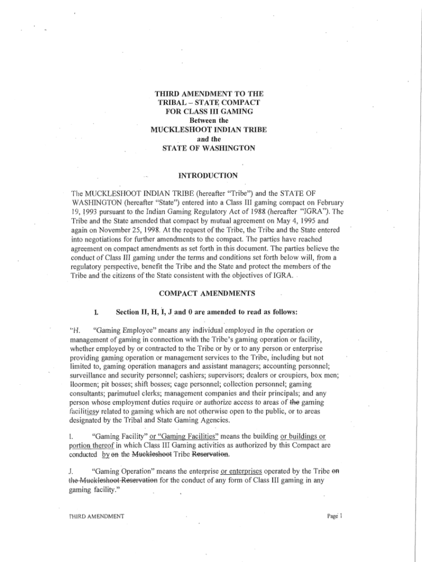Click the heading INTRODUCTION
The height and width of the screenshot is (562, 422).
click(x=208, y=176)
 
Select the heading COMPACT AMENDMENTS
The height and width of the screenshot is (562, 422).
click(x=208, y=294)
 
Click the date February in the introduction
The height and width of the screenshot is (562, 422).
click(x=324, y=203)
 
